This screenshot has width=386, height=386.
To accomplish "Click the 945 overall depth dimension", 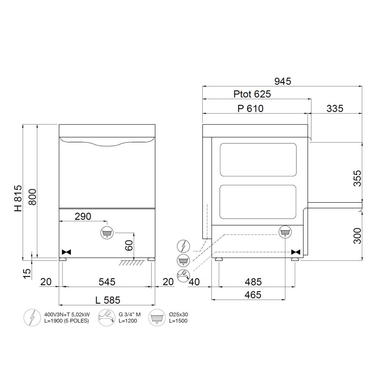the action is (x=283, y=81).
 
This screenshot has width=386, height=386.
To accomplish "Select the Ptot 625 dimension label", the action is (x=252, y=94).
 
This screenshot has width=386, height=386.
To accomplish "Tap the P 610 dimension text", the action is (x=250, y=109).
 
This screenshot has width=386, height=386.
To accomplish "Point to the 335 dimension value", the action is (x=335, y=109).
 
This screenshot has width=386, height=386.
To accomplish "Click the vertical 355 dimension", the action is (x=357, y=178).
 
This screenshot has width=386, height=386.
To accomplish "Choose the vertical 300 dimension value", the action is (x=357, y=236).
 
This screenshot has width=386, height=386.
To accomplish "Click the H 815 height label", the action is (x=18, y=198).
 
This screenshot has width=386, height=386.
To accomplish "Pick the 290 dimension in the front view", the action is (x=83, y=216).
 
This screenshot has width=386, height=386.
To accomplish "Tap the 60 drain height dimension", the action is (x=129, y=245).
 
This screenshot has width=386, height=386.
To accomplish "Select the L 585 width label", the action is (x=107, y=300).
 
